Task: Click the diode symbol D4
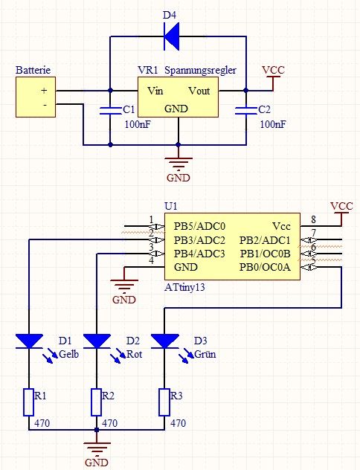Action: pos(172,36)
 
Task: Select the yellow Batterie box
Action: pos(36,97)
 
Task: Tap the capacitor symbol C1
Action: pos(110,110)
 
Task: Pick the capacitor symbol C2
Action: pos(246,110)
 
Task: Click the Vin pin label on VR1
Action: pos(155,91)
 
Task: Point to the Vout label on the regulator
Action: pos(199,91)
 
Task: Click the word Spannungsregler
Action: pos(201,71)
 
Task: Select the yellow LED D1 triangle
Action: pos(29,341)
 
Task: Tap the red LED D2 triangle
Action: pos(97,341)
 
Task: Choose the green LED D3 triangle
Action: pos(164,341)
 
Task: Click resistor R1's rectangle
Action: pos(29,402)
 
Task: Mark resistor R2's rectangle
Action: pos(96,402)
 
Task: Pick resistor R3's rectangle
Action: pos(164,402)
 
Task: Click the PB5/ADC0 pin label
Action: pos(199,226)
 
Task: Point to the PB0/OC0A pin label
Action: pos(265,267)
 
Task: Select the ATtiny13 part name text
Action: pos(184,288)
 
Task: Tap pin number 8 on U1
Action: pos(313,219)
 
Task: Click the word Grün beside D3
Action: pos(205,354)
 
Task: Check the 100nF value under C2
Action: pos(273,124)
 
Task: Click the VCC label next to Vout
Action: pos(274,70)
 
